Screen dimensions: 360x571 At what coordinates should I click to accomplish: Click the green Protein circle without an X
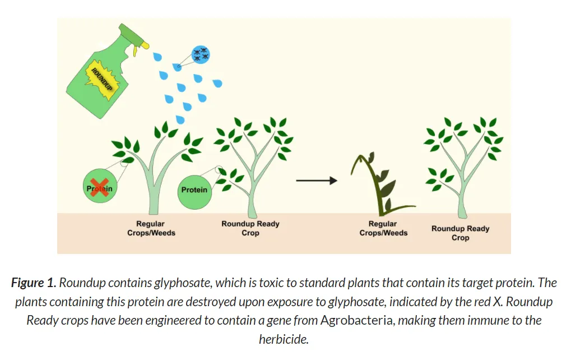[x=194, y=190]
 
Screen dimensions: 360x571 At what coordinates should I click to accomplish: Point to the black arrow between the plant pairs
[x=317, y=181]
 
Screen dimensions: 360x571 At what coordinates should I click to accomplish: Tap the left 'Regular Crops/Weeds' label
[x=151, y=228]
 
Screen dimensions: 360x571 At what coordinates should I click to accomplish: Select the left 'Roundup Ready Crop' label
[x=250, y=228]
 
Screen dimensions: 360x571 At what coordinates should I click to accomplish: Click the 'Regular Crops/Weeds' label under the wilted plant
[x=383, y=228]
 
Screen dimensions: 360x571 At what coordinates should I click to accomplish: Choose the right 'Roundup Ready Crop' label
[x=460, y=233]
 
